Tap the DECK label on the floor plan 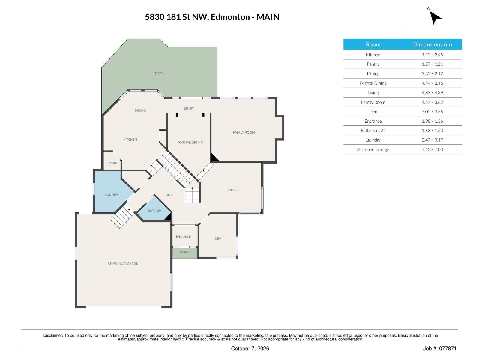[159, 73]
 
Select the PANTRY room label [112, 163]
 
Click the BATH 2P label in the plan [154, 211]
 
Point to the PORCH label [185, 252]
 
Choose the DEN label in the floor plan [218, 238]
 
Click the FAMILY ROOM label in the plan [244, 132]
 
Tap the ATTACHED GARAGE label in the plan [123, 263]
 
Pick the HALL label [169, 195]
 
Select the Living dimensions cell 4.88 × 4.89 [432, 93]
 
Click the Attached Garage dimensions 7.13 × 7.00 [432, 149]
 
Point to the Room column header [373, 45]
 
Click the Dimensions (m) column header [432, 45]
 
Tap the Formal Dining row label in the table [373, 83]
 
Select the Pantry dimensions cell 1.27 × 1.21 [432, 64]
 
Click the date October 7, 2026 [250, 349]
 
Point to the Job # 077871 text [440, 349]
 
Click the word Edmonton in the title [230, 17]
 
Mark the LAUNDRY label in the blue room [110, 195]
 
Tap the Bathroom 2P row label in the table [373, 130]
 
